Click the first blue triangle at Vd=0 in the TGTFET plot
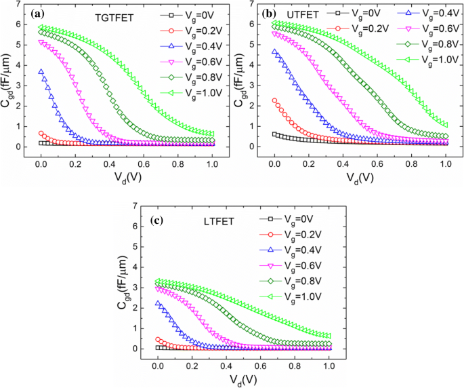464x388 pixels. [x=41, y=71]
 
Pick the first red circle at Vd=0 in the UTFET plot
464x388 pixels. [x=275, y=100]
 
